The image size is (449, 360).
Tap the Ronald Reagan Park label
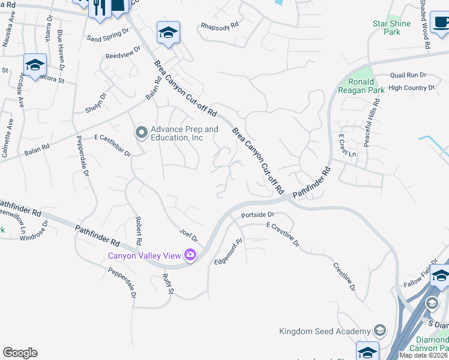[361, 86]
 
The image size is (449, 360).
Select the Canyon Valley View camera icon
[191, 256]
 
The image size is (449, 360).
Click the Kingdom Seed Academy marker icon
[379, 331]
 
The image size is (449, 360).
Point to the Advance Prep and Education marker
[142, 132]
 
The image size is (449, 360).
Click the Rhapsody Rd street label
[220, 26]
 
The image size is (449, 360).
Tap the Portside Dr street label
[258, 214]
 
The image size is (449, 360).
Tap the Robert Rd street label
[139, 230]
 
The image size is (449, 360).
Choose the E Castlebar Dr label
[112, 145]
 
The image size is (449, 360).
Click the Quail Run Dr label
[408, 76]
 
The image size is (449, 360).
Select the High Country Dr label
[411, 88]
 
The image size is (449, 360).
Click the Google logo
[20, 352]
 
